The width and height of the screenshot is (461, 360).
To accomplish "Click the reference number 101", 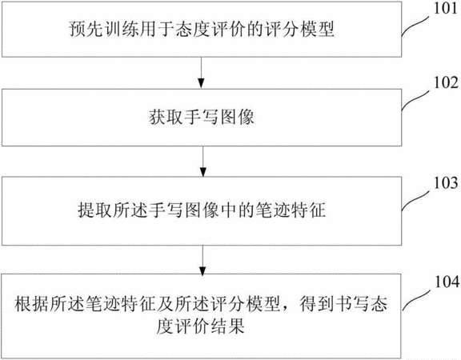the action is [x=446, y=8].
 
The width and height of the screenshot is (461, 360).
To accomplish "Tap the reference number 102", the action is [x=446, y=82].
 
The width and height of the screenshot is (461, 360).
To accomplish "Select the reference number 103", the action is [x=446, y=182].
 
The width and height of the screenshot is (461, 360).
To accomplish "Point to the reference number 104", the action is [x=447, y=282].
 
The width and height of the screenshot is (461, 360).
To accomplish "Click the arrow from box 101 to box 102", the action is [x=202, y=73].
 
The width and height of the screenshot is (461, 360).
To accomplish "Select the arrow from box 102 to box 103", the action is [x=202, y=162].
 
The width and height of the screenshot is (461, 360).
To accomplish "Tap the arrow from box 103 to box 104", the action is [x=202, y=260].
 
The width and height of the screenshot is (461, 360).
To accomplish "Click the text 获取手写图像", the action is [x=202, y=117].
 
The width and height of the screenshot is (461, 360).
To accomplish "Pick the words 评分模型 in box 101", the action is [x=299, y=29].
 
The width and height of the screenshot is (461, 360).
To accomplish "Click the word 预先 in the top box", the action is [x=86, y=29].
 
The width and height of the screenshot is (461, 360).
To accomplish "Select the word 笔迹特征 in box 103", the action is [x=291, y=210].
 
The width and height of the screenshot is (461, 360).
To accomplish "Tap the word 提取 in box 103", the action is [x=94, y=210].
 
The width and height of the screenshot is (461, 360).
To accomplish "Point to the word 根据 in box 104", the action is [x=31, y=303].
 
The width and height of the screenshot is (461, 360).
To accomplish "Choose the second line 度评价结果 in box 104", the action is [x=200, y=326].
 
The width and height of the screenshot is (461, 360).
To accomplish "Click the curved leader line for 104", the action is [x=418, y=300].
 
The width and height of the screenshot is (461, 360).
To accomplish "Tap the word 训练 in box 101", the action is [x=122, y=29].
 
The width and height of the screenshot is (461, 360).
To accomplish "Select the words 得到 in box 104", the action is [x=317, y=303].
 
